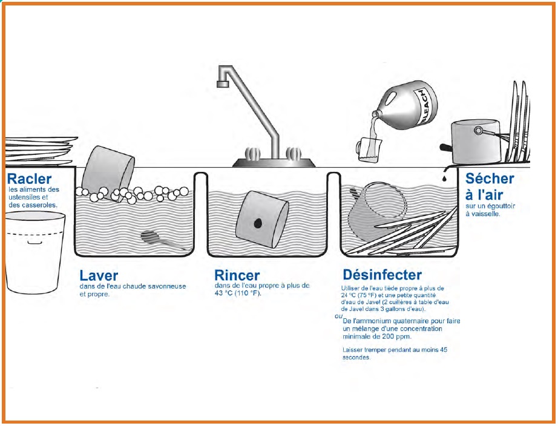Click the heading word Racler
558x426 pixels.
click(x=29, y=179)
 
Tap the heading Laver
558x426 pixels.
click(x=99, y=275)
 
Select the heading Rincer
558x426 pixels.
click(x=237, y=275)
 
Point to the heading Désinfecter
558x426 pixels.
click(x=382, y=275)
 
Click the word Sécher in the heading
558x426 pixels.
click(x=490, y=179)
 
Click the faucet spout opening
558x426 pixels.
click(x=223, y=84)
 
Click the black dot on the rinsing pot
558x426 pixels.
click(x=257, y=223)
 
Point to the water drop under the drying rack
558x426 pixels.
click(x=444, y=177)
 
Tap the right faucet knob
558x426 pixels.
click(x=294, y=154)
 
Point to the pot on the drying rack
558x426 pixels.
click(x=476, y=142)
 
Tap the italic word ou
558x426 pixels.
click(x=338, y=316)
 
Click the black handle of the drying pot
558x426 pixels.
click(x=445, y=147)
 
